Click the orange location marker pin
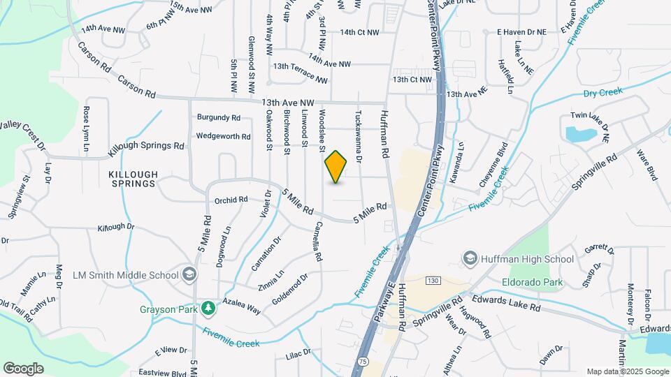(x=336, y=166)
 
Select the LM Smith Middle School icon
(x=187, y=274)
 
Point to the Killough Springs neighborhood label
(x=133, y=179)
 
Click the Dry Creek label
(x=602, y=92)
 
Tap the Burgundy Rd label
(x=219, y=117)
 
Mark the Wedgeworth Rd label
(x=223, y=136)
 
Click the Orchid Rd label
(x=231, y=199)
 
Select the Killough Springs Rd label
(x=146, y=147)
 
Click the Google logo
(x=24, y=368)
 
